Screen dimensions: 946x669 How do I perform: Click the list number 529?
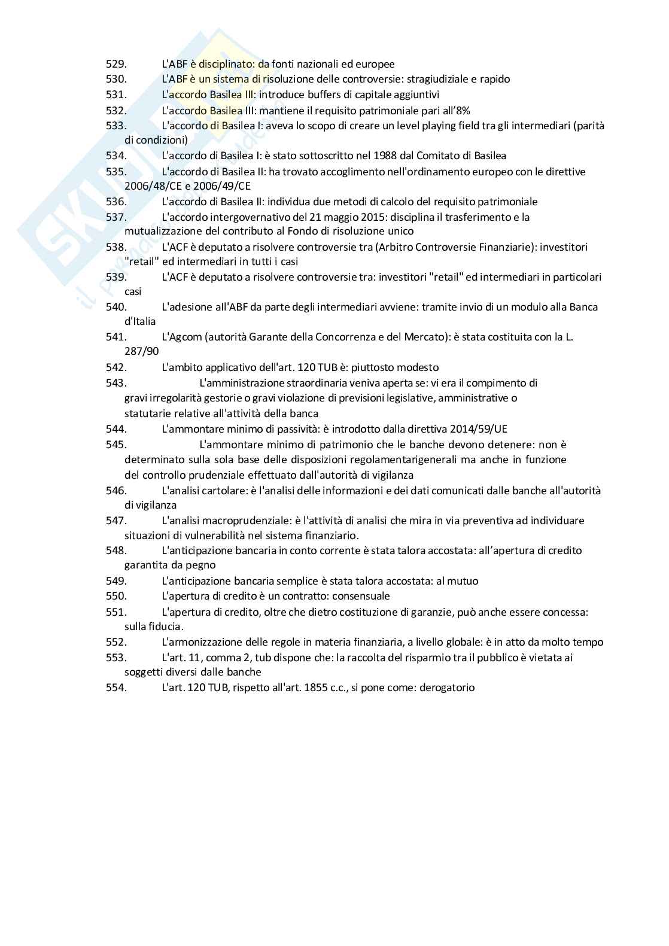[x=116, y=64]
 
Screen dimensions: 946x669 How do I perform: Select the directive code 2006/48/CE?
[x=152, y=186]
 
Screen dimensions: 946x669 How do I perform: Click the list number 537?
[x=116, y=217]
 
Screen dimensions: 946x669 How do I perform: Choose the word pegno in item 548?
[x=202, y=565]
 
